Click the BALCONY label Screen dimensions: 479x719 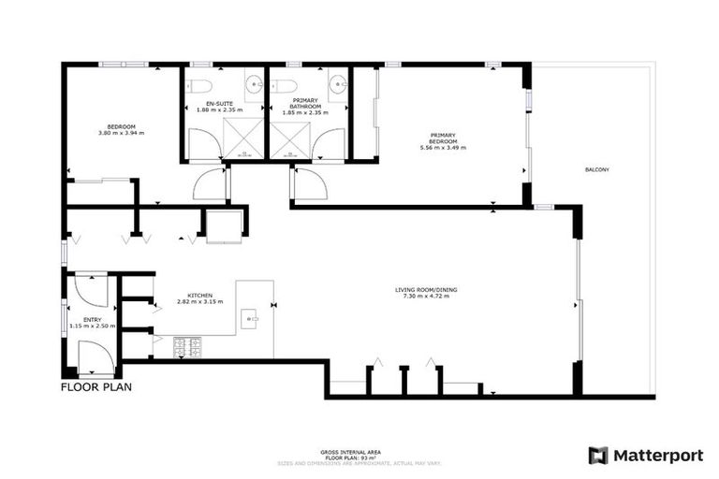(597, 169)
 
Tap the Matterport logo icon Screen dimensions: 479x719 (598, 456)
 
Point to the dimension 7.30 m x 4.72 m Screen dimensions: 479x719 (426, 297)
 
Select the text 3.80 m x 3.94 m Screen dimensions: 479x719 (122, 133)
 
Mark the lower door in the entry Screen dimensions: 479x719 (94, 359)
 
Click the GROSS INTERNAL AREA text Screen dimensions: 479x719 (359, 452)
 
